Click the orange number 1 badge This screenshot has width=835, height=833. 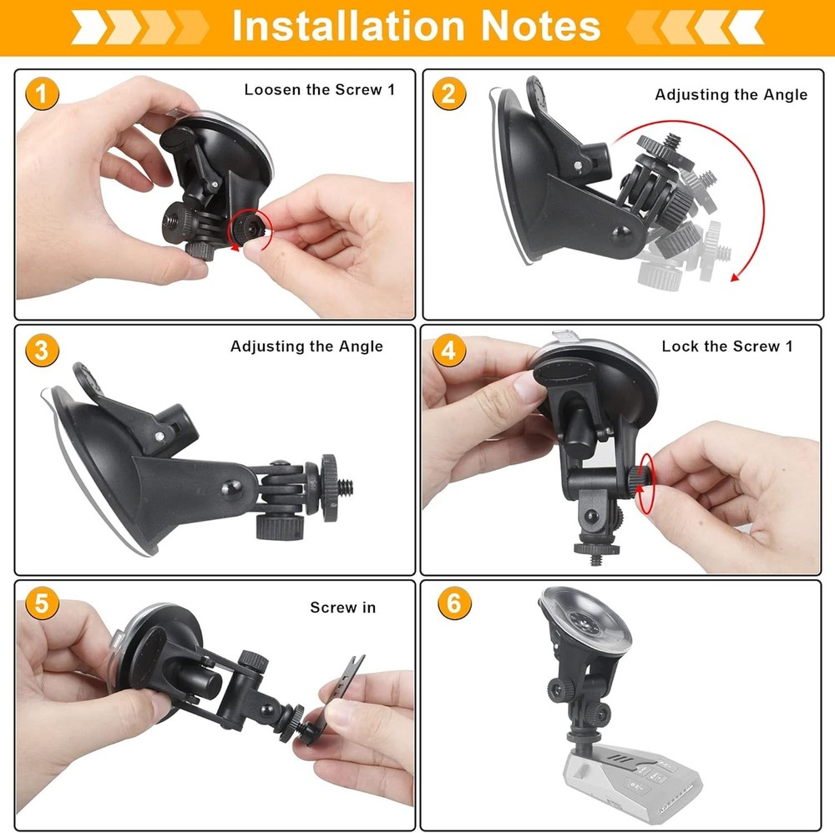pyautogui.click(x=42, y=93)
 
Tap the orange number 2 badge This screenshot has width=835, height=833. pyautogui.click(x=448, y=93)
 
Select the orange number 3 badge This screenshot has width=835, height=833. pyautogui.click(x=42, y=350)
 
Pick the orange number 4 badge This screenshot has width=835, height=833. pyautogui.click(x=448, y=350)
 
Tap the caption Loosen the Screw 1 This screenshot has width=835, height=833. pyautogui.click(x=319, y=89)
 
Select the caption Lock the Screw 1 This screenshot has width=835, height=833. pyautogui.click(x=726, y=346)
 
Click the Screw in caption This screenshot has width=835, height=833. pyautogui.click(x=342, y=607)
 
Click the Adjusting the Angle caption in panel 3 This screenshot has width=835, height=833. pyautogui.click(x=306, y=346)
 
